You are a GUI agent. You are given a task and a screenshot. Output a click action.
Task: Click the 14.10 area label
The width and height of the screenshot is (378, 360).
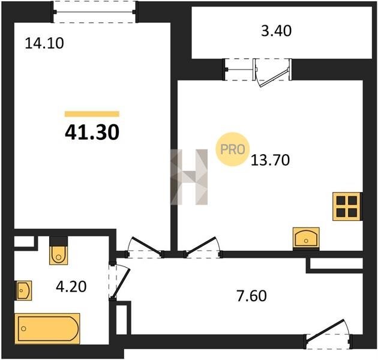pyautogui.click(x=44, y=44)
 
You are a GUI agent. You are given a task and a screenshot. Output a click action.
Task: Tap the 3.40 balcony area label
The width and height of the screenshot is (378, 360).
pyautogui.click(x=276, y=31)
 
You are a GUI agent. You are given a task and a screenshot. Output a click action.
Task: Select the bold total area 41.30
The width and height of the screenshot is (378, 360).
pyautogui.click(x=92, y=133)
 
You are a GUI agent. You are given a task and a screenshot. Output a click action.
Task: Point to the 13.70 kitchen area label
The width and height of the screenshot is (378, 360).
pyautogui.click(x=270, y=160)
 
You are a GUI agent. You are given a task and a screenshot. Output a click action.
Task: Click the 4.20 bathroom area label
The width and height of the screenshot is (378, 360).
pyautogui.click(x=71, y=287)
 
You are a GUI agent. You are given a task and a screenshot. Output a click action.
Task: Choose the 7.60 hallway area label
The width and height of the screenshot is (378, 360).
pyautogui.click(x=251, y=296)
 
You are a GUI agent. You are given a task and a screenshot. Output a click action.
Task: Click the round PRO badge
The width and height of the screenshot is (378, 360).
pyautogui.click(x=233, y=149)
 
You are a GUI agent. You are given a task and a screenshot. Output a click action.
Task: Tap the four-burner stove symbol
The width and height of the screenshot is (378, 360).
pyautogui.click(x=346, y=206)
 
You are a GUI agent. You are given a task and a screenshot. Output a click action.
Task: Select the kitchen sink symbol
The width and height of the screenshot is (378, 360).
pyautogui.click(x=306, y=238)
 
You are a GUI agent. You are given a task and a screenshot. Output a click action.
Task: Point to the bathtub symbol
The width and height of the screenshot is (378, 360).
pyautogui.click(x=47, y=328)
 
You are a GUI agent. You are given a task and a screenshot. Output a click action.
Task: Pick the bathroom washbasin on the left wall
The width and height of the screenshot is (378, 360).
pyautogui.click(x=23, y=290)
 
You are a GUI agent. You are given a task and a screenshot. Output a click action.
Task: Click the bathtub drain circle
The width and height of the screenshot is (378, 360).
pyautogui.click(x=23, y=328)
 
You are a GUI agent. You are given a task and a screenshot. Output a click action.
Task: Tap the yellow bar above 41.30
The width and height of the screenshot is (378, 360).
pyautogui.click(x=92, y=114)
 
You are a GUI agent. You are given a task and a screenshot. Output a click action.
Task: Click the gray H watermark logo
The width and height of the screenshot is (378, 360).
pyautogui.click(x=189, y=177)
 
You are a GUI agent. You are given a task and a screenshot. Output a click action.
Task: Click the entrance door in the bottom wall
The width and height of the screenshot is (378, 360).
pyautogui.click(x=325, y=330)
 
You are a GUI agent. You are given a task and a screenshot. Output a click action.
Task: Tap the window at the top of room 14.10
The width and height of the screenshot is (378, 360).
pyautogui.click(x=95, y=12)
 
